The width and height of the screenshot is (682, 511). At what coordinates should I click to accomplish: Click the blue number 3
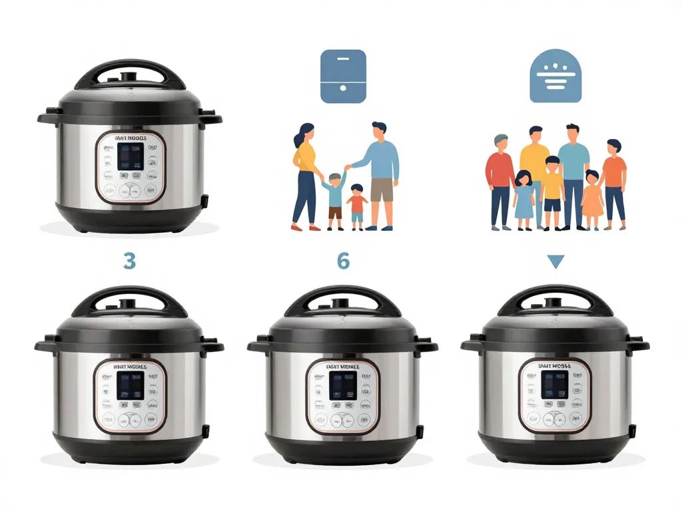[129, 261]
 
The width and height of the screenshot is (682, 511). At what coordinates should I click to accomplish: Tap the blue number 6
[343, 261]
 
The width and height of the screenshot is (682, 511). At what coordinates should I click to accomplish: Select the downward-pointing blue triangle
[555, 261]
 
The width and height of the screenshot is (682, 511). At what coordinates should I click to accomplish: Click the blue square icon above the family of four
[343, 76]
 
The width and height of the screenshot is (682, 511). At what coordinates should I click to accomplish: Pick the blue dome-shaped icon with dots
[555, 76]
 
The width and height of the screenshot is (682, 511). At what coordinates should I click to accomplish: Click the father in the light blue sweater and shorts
[379, 173]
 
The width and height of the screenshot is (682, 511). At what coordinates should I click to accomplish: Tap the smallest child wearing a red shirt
[358, 206]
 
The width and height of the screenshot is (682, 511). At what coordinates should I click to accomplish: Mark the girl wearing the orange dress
[591, 200]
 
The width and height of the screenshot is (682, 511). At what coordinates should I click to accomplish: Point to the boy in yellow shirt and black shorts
[552, 190]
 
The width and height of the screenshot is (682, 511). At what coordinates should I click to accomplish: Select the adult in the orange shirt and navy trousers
[614, 180]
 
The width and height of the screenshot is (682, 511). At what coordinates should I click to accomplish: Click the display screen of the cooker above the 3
[130, 156]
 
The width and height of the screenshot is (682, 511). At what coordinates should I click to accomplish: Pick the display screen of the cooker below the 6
[342, 385]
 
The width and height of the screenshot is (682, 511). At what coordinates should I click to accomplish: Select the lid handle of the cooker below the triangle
[555, 297]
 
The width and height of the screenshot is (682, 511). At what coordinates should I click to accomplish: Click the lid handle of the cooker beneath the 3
[129, 298]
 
